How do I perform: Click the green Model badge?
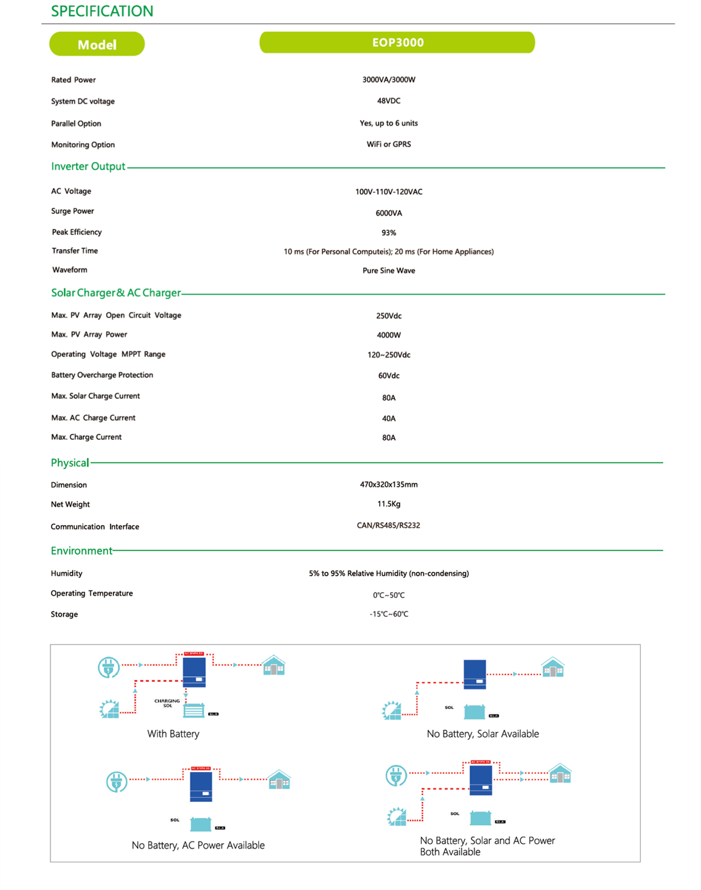pos(97,44)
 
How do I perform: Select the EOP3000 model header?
pos(397,43)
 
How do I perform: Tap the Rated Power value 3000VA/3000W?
pos(388,80)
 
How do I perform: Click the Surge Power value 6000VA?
pos(388,213)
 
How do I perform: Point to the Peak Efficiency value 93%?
pos(388,233)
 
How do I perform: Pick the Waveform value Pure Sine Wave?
pos(388,271)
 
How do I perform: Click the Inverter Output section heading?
pos(88,167)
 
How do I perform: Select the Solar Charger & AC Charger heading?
pos(116,293)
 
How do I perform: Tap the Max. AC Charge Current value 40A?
pos(388,419)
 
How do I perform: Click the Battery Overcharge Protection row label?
pos(102,375)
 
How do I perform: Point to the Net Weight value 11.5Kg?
pos(388,504)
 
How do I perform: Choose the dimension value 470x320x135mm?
pos(388,484)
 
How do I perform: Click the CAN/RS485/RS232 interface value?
pos(388,525)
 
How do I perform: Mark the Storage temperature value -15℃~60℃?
pos(388,614)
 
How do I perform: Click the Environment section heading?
pos(81,551)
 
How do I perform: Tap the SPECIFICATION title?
pos(102,11)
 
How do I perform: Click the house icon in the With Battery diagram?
pos(274,666)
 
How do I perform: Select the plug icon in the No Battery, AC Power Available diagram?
pos(116,782)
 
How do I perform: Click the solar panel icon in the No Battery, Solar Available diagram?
pos(391,710)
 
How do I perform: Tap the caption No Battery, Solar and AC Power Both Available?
pos(487,846)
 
